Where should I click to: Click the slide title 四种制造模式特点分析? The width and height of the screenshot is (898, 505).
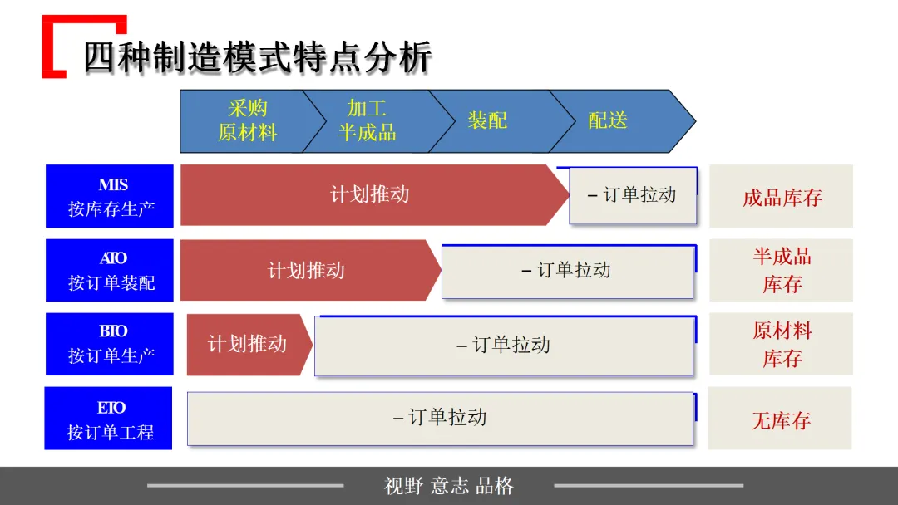coord(257,58)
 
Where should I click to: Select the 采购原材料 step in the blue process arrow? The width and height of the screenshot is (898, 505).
coord(247,120)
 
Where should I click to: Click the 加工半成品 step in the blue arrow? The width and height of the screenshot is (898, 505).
coord(367,120)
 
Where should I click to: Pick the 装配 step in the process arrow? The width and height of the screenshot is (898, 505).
coord(487,120)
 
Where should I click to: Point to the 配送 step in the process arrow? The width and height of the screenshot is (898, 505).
coord(608,120)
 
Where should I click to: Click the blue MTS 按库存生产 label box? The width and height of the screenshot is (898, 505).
coord(111,196)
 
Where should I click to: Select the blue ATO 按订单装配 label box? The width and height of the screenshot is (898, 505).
coord(111,270)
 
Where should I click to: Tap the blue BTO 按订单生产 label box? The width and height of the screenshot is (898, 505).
coord(111,344)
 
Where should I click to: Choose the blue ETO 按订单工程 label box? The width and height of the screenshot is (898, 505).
coord(109,419)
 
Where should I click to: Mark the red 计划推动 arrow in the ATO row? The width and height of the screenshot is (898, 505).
coord(306,270)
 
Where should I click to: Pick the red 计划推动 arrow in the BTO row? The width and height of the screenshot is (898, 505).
coord(247,344)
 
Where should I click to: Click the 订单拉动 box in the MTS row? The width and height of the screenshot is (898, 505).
coord(633,195)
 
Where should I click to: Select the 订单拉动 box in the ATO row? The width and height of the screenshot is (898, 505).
coord(567,270)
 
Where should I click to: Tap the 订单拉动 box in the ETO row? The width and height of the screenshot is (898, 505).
coord(440,418)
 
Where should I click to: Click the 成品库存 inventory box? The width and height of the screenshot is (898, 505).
coord(782,197)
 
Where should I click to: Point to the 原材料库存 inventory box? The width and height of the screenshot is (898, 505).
coord(782,344)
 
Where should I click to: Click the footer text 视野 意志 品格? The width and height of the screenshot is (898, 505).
coord(449,486)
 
